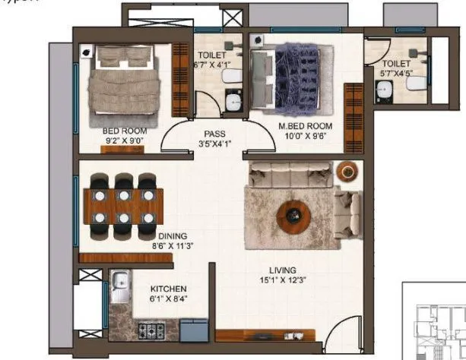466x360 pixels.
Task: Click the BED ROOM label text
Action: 124,131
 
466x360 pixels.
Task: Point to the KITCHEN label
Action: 169,289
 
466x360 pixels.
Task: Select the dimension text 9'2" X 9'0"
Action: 125,141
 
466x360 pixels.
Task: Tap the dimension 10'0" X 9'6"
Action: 284,136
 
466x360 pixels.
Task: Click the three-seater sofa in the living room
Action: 290,174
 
